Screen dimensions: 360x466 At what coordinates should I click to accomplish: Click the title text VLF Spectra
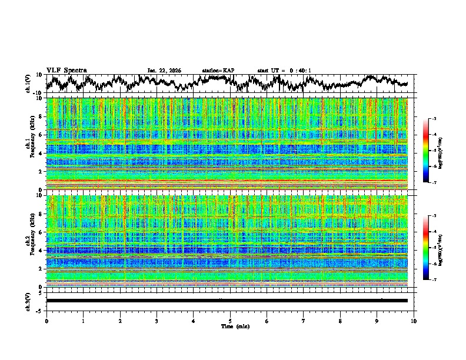pos(66,70)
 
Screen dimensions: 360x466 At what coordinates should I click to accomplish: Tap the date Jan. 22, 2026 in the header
pos(164,71)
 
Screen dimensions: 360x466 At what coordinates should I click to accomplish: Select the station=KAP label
pos(218,71)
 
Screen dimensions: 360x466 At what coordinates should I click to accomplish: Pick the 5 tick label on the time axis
pos(230,321)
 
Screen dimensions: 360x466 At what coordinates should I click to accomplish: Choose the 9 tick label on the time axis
pos(377,321)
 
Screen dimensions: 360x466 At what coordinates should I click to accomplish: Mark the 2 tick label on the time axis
pos(120,321)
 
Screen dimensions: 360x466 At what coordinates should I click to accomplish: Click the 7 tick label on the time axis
pos(304,321)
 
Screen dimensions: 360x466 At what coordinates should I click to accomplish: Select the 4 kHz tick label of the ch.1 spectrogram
pos(41,153)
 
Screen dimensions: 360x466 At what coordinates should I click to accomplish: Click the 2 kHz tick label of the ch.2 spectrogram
pos(41,269)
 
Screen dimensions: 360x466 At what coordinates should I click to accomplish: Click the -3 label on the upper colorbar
pos(433,119)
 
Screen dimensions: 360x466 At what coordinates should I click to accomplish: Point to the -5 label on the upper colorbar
pos(433,151)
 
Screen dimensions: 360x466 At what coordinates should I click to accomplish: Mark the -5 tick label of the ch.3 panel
pos(39,310)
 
